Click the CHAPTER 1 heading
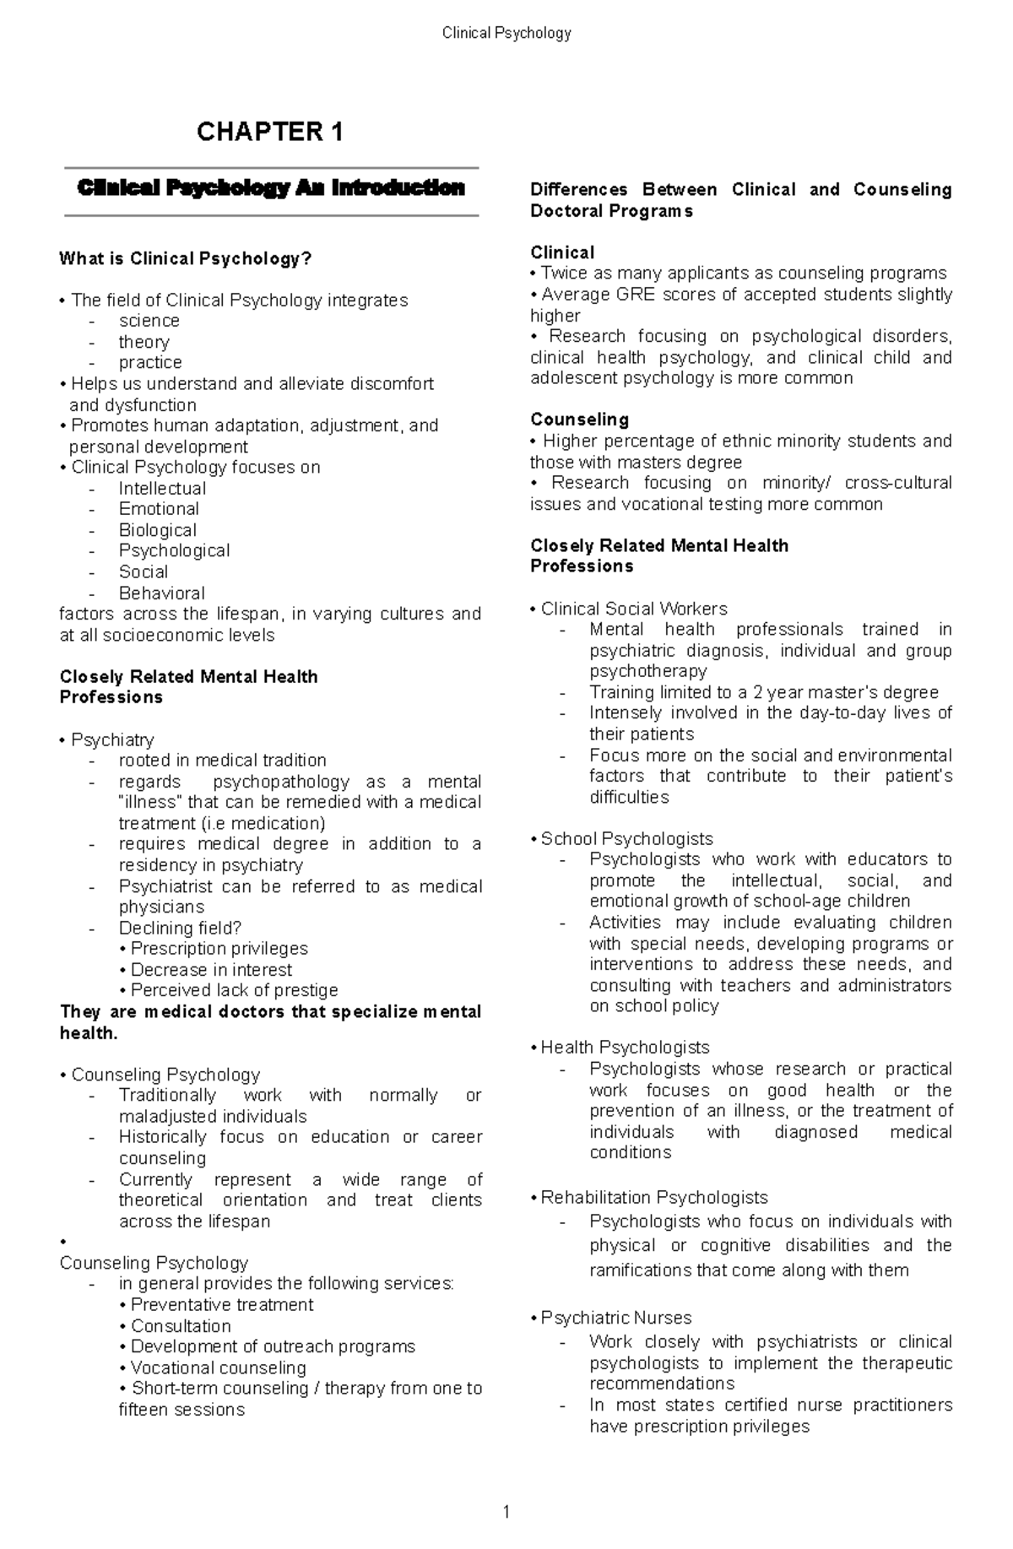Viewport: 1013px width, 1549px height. pos(269,132)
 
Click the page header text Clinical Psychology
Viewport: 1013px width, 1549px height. pos(506,33)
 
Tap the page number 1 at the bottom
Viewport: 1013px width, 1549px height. pos(506,1512)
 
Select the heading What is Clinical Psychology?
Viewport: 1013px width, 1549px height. pos(186,258)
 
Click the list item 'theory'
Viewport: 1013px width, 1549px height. pos(144,342)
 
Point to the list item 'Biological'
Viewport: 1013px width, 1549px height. pos(157,530)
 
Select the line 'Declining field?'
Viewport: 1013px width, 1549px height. pos(180,928)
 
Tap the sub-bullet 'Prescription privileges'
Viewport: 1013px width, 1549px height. pos(219,949)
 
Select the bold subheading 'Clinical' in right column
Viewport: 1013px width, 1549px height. pos(562,252)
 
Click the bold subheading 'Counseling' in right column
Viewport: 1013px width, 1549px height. pos(579,420)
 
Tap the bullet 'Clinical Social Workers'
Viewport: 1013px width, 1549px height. pos(633,609)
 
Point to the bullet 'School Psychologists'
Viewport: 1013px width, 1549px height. pos(626,838)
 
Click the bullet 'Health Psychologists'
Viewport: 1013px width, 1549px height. pos(625,1048)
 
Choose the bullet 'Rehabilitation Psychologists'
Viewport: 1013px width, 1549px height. pos(653,1197)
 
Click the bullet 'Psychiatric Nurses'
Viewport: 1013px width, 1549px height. pos(615,1318)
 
